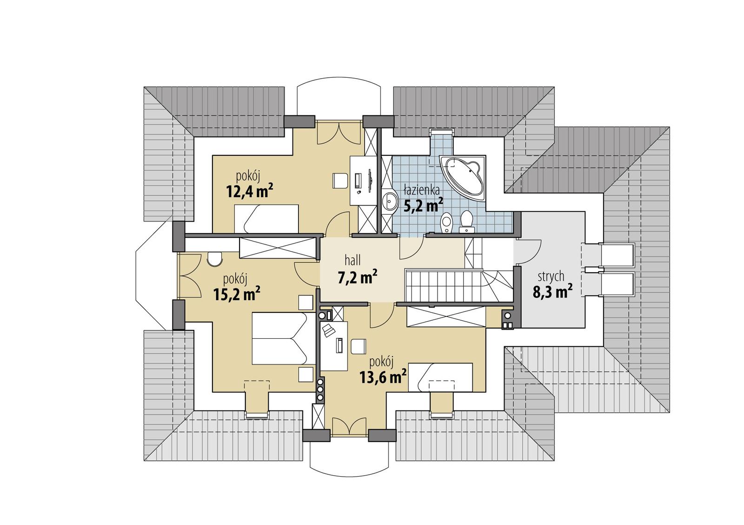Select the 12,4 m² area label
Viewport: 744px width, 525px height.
pyautogui.click(x=249, y=191)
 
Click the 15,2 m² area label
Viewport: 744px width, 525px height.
pyautogui.click(x=236, y=294)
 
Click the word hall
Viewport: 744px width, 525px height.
pyautogui.click(x=352, y=260)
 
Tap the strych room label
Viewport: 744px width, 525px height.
pyautogui.click(x=551, y=276)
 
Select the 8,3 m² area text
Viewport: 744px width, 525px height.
pyautogui.click(x=552, y=292)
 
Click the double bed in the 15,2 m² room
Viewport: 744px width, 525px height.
pyautogui.click(x=279, y=338)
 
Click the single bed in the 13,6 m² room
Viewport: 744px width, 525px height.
pyautogui.click(x=445, y=377)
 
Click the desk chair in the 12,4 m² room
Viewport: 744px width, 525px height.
pyautogui.click(x=340, y=181)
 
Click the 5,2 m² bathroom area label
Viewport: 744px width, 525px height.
pyautogui.click(x=423, y=205)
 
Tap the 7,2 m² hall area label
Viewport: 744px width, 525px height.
pyautogui.click(x=357, y=278)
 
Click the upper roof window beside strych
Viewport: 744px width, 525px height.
pyautogui.click(x=616, y=255)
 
